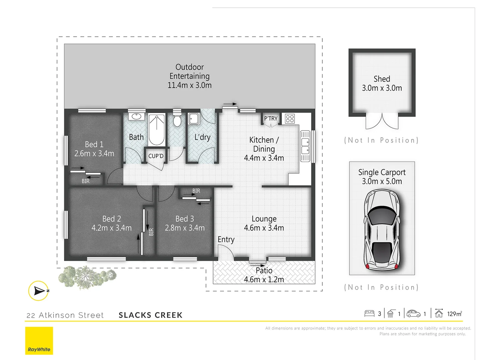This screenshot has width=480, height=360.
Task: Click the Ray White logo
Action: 39,341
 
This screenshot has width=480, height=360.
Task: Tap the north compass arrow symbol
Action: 39,291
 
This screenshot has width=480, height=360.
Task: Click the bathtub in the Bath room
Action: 156,130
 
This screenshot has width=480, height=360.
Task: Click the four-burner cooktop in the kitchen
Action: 290,119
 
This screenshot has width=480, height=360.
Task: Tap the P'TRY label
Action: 271,118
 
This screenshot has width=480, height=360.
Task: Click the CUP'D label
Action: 156,156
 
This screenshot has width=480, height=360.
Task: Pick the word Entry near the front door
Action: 226,239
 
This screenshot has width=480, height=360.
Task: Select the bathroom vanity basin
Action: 136,116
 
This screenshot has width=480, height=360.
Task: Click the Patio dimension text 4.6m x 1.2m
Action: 264,279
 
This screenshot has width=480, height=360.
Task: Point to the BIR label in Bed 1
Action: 86,181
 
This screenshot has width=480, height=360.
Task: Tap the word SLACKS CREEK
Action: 151,315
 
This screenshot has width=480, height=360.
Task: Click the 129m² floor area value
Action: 454,314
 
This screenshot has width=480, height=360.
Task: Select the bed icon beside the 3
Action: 369,313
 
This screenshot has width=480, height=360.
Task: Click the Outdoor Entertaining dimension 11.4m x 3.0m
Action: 190,85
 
